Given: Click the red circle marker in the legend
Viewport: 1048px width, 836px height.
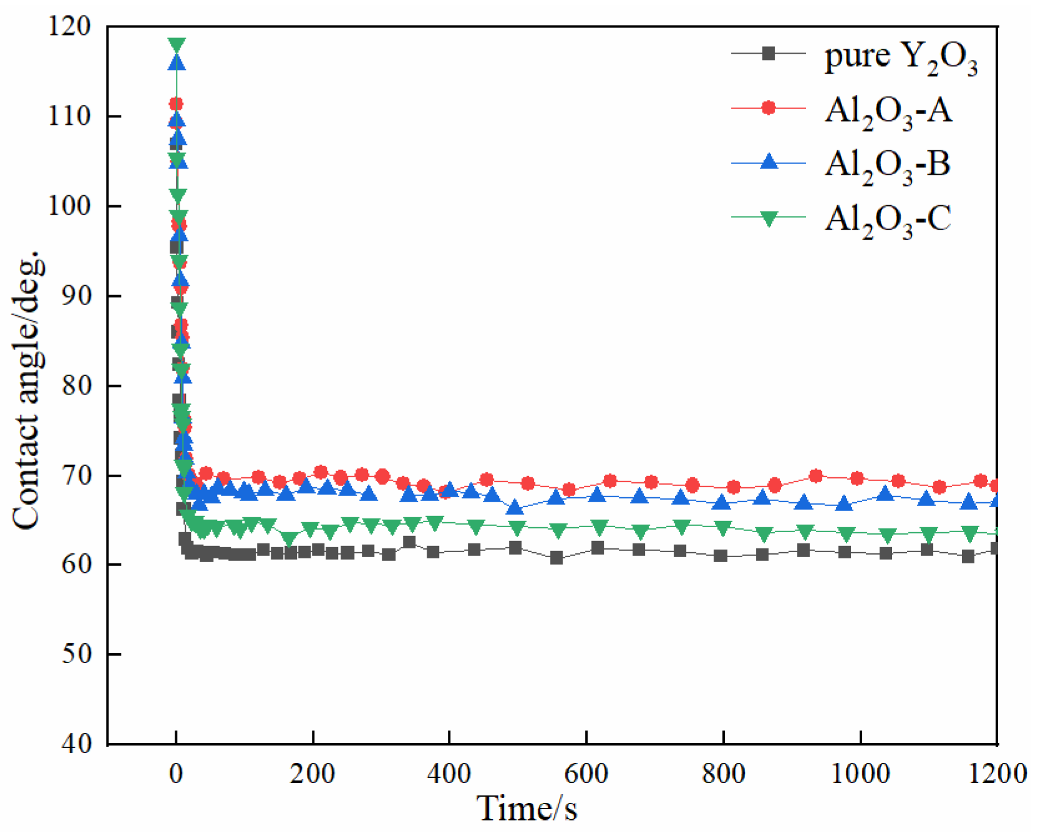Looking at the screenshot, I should tap(769, 108).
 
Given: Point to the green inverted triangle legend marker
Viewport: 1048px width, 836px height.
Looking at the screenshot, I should tap(769, 218).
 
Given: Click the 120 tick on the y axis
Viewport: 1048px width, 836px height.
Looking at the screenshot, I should tap(69, 27).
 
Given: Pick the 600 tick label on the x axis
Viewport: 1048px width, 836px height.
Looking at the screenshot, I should tap(586, 774).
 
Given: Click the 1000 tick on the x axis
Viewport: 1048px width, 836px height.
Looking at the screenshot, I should tap(860, 774).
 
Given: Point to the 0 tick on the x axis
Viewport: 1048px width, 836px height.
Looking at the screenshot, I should tap(176, 774).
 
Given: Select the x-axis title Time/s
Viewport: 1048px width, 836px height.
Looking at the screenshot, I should tap(527, 809).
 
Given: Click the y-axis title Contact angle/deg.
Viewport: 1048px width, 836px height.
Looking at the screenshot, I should tap(28, 390).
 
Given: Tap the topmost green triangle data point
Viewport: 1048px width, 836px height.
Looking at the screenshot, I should tap(177, 46).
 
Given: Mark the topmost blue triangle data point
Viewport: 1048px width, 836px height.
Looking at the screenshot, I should tap(177, 62).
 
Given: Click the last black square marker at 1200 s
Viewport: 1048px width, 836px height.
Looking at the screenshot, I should tap(996, 548).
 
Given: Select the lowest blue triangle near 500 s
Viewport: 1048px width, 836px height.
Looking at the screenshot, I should tap(515, 507).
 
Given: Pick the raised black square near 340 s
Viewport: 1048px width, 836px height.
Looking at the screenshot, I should tap(409, 542).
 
